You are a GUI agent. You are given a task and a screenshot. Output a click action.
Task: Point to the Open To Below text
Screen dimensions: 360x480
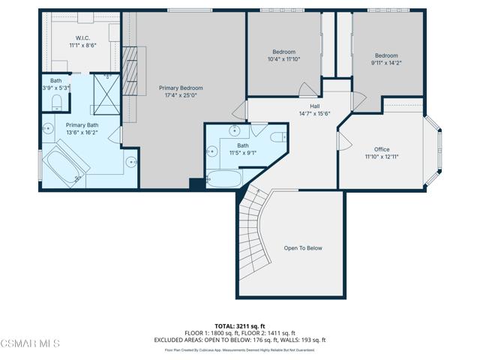(x=303, y=248)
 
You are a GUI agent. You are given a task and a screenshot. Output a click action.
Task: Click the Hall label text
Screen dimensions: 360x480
(x=304, y=106)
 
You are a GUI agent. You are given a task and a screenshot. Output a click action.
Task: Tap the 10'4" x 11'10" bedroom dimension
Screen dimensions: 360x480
(x=283, y=59)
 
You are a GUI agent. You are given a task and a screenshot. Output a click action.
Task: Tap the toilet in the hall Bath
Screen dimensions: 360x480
(x=277, y=136)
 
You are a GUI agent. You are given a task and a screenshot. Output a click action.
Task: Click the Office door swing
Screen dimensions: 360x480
(x=346, y=142)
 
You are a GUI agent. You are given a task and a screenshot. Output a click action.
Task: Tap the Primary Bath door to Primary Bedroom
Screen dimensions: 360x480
(x=115, y=136)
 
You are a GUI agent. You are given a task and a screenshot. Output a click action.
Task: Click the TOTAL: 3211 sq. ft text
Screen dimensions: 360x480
(x=241, y=326)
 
